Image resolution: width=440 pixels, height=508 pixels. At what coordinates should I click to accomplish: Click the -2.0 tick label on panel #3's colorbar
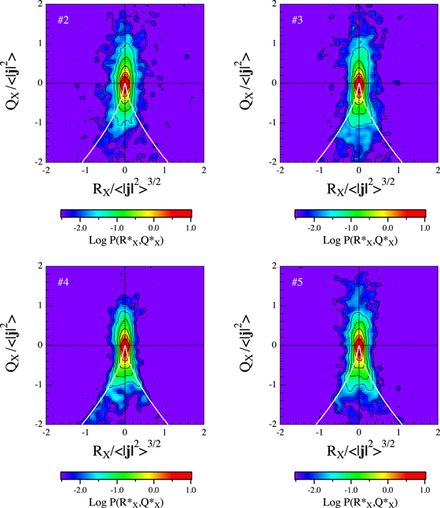311,225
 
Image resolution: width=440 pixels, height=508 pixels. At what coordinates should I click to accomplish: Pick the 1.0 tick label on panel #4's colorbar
191,487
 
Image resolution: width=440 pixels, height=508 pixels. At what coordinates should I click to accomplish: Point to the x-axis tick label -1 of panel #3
319,170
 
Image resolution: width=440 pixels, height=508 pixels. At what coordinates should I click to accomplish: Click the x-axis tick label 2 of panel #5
436,432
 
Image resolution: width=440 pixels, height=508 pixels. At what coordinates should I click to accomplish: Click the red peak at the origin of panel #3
359,83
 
